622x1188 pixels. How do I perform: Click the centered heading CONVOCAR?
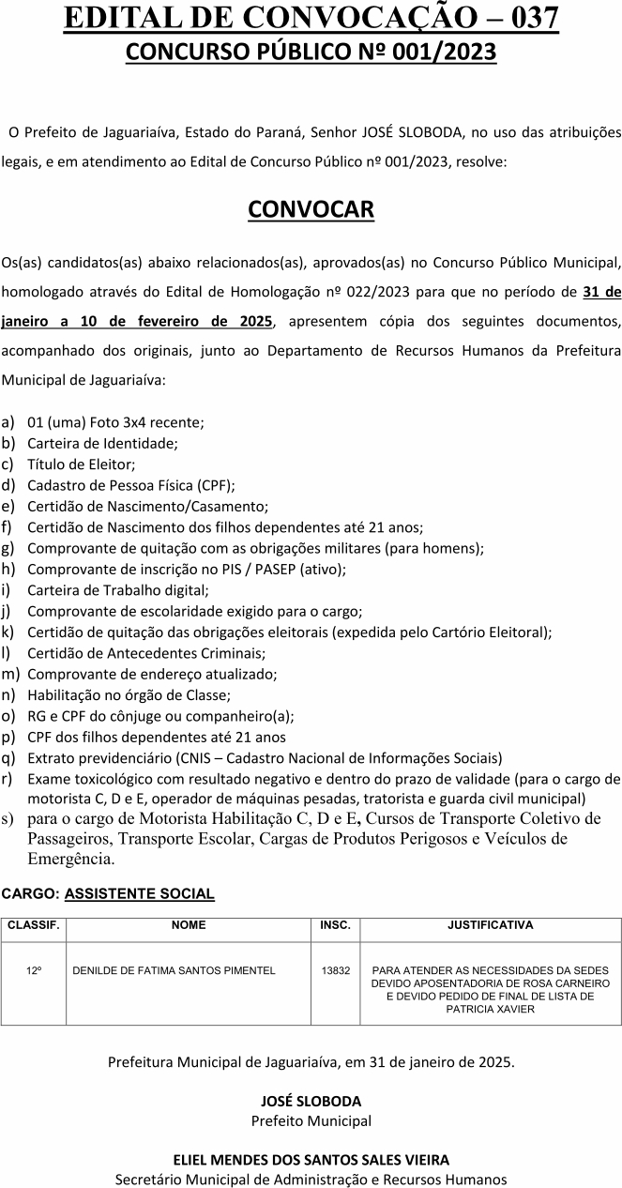(x=311, y=209)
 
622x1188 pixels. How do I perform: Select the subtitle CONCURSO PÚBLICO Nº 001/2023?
(x=311, y=53)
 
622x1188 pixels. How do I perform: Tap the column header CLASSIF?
(x=34, y=925)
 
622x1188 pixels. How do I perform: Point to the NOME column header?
(x=189, y=925)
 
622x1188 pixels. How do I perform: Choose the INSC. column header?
(x=335, y=925)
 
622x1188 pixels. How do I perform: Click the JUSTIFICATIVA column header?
(x=490, y=925)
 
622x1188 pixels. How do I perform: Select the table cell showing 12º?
(x=34, y=970)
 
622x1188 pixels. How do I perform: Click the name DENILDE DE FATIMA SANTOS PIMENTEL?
(x=174, y=970)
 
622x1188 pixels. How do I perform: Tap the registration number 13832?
(x=335, y=970)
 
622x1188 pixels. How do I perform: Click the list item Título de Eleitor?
(x=82, y=464)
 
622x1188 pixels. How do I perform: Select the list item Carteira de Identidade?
(x=102, y=443)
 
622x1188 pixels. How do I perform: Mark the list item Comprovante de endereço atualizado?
(x=140, y=674)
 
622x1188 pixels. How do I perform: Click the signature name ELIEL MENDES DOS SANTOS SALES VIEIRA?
(x=311, y=1160)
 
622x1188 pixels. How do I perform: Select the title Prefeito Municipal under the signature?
(x=311, y=1120)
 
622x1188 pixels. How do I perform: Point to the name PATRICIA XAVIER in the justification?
(x=490, y=1009)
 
